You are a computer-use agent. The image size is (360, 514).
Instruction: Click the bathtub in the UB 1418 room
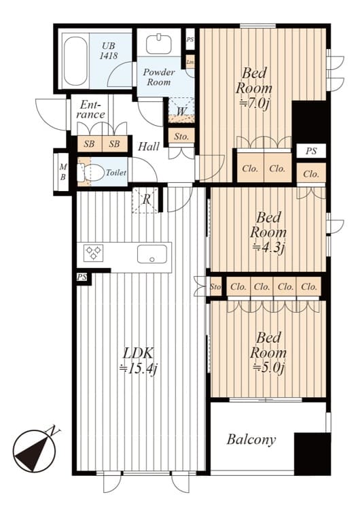click(75, 61)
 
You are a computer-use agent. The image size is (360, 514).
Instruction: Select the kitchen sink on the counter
click(152, 254)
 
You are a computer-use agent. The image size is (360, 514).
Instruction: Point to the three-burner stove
click(93, 253)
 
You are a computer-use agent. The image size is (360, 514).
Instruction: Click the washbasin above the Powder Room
click(158, 44)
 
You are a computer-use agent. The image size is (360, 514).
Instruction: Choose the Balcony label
click(251, 439)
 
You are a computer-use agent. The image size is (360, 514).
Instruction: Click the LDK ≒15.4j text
click(138, 361)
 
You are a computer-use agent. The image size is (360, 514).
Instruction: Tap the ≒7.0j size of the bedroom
click(254, 103)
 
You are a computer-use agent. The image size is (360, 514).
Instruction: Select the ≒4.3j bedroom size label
click(268, 247)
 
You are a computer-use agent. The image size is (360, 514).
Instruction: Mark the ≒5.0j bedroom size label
click(268, 368)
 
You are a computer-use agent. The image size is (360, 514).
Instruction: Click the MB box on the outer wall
click(62, 172)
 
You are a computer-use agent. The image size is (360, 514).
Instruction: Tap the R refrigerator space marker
click(147, 199)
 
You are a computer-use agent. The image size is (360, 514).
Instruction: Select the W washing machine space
click(181, 110)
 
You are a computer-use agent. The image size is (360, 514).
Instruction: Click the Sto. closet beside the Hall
click(181, 136)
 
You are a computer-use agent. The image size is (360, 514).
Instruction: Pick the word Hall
click(149, 147)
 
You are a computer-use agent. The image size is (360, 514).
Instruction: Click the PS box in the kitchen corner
click(82, 277)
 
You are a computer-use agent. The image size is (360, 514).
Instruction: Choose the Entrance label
click(91, 109)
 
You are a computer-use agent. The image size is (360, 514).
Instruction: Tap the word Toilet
click(116, 173)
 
